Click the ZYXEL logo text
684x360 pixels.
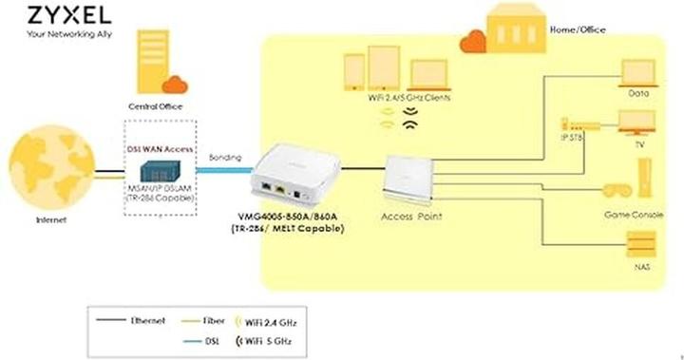pyautogui.click(x=57, y=16)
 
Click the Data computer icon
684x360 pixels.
pyautogui.click(x=638, y=73)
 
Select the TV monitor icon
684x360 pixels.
pyautogui.click(x=638, y=121)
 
